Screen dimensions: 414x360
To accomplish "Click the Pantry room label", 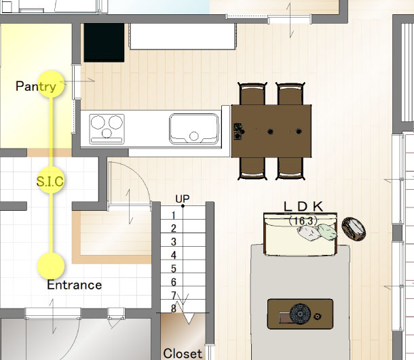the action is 36,86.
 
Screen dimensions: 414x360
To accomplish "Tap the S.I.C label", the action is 50,181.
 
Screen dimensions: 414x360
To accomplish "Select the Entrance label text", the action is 75,285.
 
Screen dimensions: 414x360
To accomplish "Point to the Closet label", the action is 183,353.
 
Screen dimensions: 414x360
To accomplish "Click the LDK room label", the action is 303,207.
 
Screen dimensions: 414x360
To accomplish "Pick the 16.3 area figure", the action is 303,220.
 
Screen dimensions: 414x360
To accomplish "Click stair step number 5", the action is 174,268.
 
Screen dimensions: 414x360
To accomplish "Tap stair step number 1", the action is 174,216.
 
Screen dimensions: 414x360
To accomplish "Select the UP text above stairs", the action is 183,199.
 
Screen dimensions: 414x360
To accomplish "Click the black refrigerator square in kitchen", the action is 104,43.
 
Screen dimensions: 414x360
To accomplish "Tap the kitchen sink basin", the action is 194,129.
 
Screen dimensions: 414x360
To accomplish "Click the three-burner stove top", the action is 107,129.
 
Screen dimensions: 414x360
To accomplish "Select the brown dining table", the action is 271,131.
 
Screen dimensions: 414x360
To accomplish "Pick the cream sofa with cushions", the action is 301,234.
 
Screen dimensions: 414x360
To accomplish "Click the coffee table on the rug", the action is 300,314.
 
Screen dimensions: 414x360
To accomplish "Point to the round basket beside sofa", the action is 354,229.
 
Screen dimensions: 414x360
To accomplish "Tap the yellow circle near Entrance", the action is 51,266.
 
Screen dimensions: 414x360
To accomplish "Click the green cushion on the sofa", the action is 327,232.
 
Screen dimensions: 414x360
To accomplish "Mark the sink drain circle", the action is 194,136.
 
